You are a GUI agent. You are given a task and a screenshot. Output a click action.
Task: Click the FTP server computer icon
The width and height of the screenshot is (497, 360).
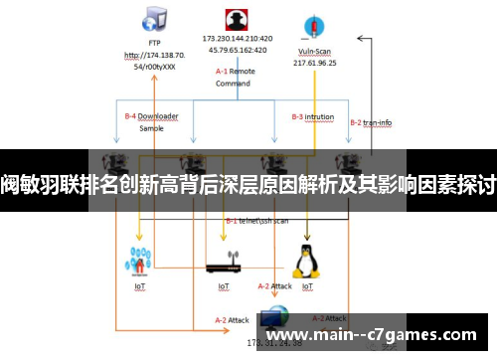[154, 19]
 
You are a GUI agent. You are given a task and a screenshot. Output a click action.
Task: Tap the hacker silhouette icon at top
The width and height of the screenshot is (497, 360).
[237, 19]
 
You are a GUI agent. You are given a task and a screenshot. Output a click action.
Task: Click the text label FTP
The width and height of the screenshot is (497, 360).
[154, 43]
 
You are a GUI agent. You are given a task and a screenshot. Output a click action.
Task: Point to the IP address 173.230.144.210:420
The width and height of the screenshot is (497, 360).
[237, 38]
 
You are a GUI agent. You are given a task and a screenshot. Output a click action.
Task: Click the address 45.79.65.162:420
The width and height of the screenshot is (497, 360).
[237, 49]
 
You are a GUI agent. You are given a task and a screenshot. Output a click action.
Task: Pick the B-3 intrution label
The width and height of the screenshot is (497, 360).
[312, 116]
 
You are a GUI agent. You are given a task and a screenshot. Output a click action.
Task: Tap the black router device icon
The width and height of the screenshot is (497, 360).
[224, 267]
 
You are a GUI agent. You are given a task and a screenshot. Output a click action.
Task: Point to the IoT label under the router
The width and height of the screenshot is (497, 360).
[224, 286]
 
